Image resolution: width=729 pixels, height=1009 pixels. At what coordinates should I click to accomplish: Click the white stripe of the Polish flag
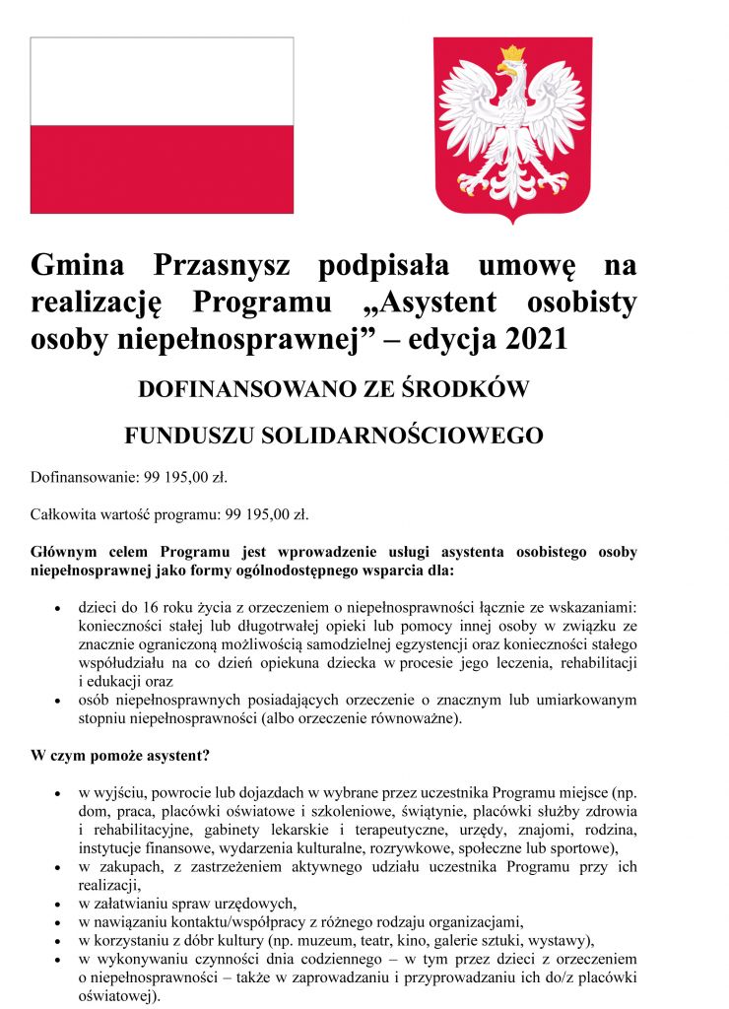pos(162,81)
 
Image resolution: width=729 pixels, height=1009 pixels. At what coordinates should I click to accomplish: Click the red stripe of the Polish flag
pos(162,168)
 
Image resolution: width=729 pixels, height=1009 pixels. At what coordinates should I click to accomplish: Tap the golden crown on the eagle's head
pos(512,54)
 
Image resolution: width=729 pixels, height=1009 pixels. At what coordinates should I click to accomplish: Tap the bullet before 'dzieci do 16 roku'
pos(60,607)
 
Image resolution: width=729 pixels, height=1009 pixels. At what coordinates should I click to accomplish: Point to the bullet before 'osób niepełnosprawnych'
pos(60,701)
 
